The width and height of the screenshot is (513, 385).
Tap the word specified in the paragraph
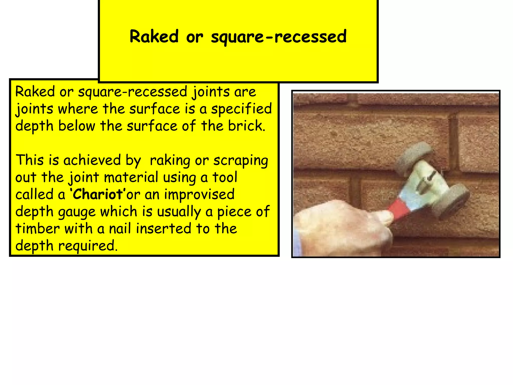click(x=241, y=109)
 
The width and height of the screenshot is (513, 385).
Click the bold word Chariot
click(x=97, y=194)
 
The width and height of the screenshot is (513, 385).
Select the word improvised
click(x=199, y=195)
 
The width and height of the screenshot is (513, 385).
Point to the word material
click(x=131, y=177)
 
